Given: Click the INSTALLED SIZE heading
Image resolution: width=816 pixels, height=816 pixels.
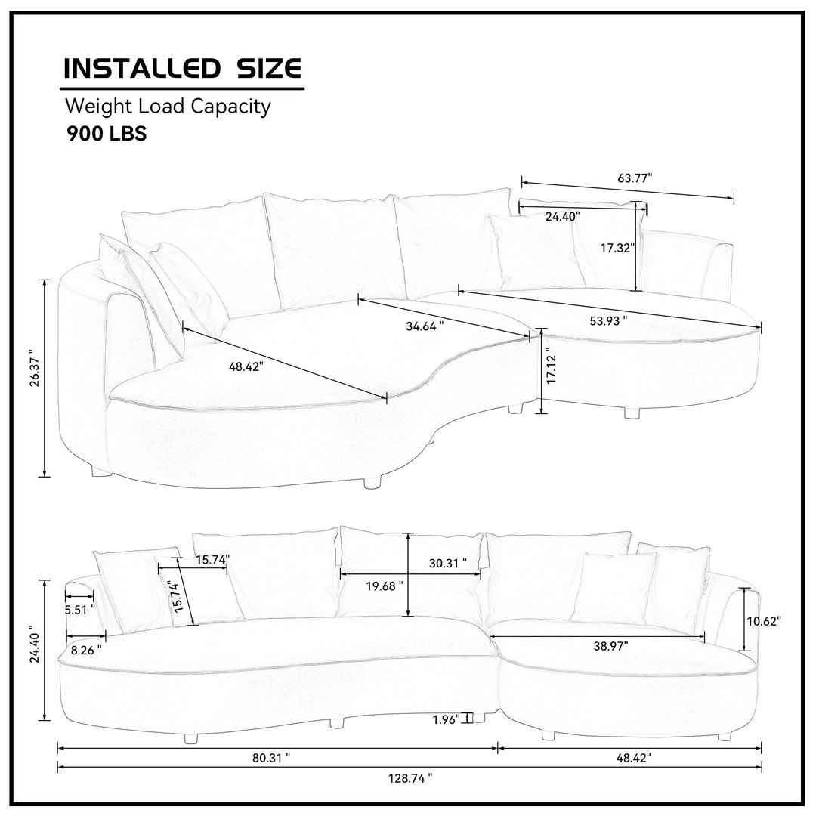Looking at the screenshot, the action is (181, 68).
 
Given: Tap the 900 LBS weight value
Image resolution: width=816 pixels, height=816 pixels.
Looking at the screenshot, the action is (107, 134).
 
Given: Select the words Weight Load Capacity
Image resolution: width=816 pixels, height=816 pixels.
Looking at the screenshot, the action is (168, 107).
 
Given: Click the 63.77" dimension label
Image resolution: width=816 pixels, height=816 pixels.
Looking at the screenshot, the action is (635, 178).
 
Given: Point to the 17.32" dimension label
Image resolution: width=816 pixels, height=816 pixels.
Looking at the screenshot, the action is (618, 249).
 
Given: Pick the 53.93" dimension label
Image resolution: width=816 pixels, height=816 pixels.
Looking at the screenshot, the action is (608, 321).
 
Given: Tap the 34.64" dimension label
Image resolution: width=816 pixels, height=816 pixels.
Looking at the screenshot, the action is (425, 326).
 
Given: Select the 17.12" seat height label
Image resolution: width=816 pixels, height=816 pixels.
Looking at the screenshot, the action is (552, 369).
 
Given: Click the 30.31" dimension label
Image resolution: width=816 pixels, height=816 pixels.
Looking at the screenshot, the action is (447, 563).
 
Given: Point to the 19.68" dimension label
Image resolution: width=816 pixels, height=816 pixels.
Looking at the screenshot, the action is (384, 586).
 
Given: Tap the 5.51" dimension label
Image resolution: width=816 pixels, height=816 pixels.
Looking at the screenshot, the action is (79, 610).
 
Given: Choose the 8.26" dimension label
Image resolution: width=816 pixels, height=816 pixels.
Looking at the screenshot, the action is (86, 650).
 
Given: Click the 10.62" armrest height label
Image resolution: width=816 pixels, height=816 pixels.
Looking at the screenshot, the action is (764, 621).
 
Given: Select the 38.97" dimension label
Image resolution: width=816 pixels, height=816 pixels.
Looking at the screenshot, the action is (611, 646).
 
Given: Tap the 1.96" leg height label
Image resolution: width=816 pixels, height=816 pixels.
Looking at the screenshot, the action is (447, 720).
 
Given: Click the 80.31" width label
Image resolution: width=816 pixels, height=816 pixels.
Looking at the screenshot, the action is (271, 759).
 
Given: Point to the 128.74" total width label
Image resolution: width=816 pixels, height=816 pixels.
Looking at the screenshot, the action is (410, 779).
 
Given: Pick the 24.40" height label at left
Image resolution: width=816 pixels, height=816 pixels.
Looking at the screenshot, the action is (35, 644).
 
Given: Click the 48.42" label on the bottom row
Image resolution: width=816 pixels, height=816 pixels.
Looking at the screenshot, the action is (633, 759).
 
